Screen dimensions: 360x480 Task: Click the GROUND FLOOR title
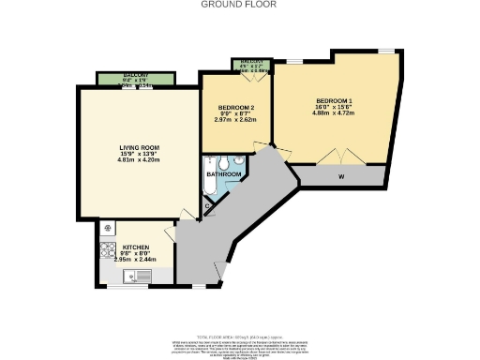point(239,4)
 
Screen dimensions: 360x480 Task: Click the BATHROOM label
point(225,174)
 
